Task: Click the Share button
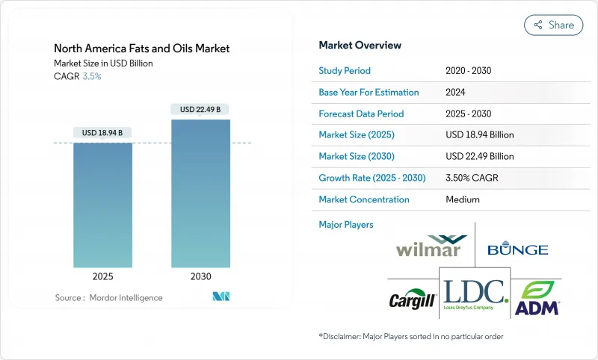click(x=553, y=25)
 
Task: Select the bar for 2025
click(x=102, y=205)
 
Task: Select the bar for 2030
click(x=200, y=194)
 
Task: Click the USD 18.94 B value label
click(x=102, y=133)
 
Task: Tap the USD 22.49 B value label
click(x=200, y=110)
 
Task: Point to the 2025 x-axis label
click(x=102, y=276)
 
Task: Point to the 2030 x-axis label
click(x=200, y=276)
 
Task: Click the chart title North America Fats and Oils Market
click(x=142, y=49)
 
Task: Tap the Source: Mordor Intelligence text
click(x=108, y=298)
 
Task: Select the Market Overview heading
click(x=360, y=46)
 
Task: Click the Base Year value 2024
click(x=457, y=93)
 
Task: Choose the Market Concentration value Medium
click(x=462, y=199)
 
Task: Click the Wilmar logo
click(x=429, y=246)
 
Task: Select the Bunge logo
click(x=517, y=249)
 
